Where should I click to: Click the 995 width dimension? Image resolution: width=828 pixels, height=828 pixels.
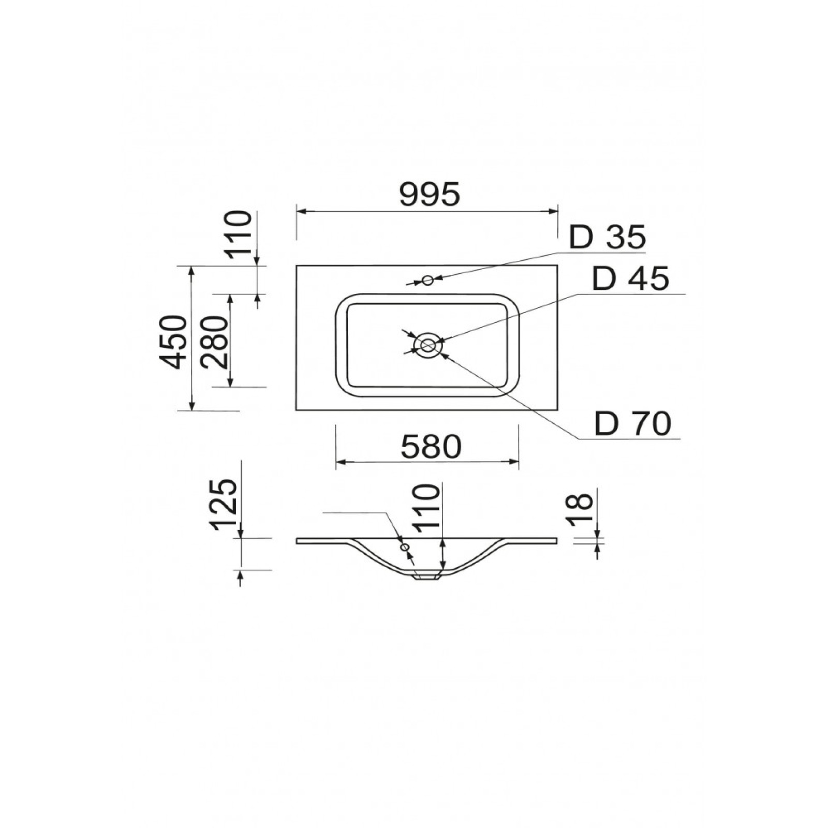[430, 195]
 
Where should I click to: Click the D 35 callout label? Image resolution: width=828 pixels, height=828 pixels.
[608, 238]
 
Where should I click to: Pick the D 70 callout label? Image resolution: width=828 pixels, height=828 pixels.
[632, 424]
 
